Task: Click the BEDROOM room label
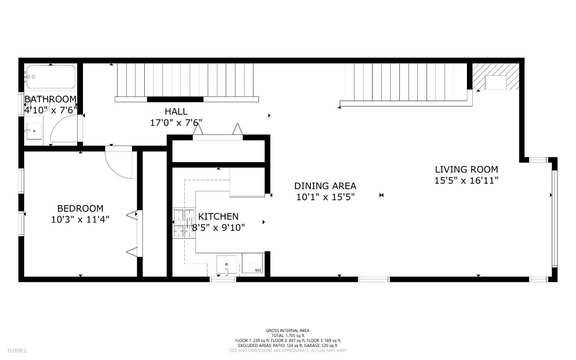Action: (80, 208)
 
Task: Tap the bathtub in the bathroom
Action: (50, 77)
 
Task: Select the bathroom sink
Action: (34, 131)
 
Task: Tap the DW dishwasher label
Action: (258, 270)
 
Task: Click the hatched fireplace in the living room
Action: (495, 76)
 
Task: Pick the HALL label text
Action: (176, 111)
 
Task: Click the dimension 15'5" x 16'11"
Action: (466, 180)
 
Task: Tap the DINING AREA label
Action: (325, 186)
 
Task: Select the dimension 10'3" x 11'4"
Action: (80, 219)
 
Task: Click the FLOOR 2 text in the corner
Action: (17, 350)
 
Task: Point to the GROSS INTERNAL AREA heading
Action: (288, 330)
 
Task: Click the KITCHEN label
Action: (218, 216)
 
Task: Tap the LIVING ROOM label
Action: (466, 169)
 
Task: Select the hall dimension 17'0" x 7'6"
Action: (176, 123)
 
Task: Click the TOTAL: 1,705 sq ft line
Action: (288, 335)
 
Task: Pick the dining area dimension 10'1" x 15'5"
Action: (325, 197)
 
